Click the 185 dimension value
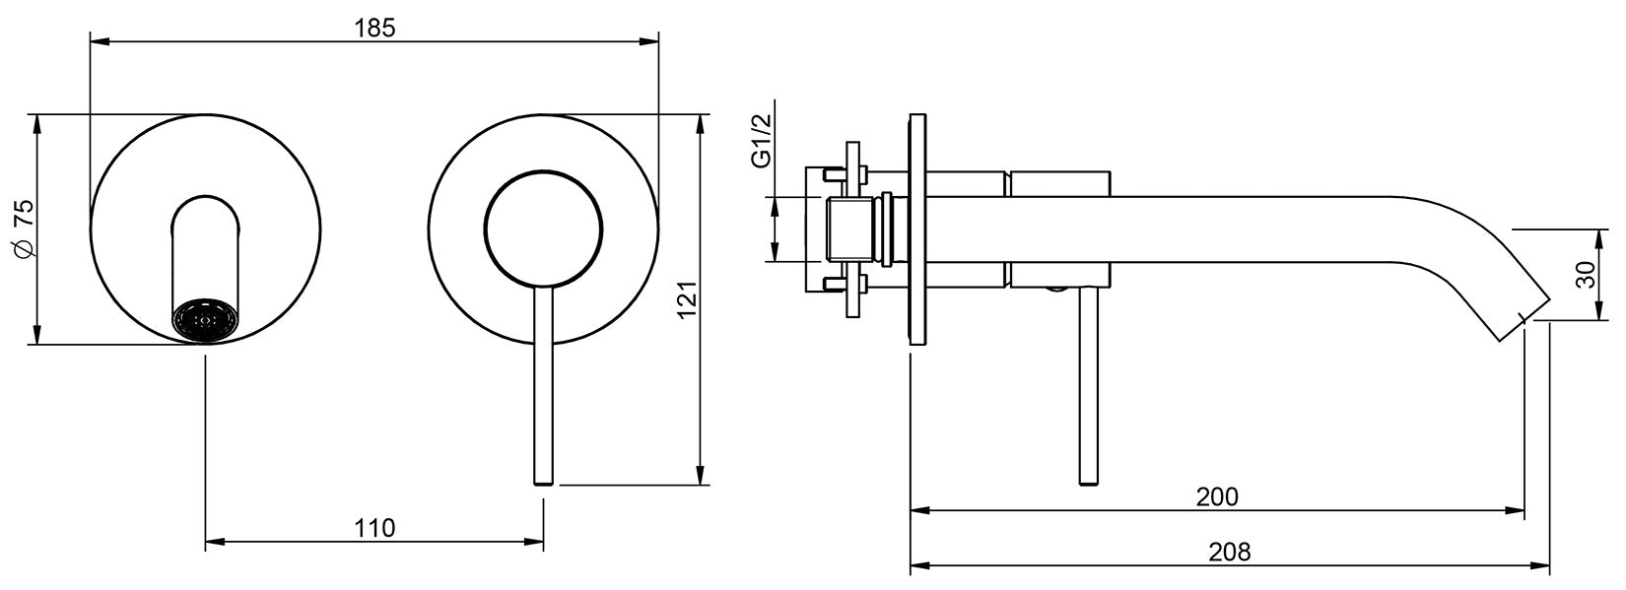pos(374,28)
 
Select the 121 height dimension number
pos(687,300)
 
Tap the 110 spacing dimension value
pos(374,528)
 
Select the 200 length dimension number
pos(1216,497)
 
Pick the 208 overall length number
pos(1228,552)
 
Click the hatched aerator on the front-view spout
pos(206,321)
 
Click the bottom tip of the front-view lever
pos(543,481)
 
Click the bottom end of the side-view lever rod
pos(1088,480)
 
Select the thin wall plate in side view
pos(917,229)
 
